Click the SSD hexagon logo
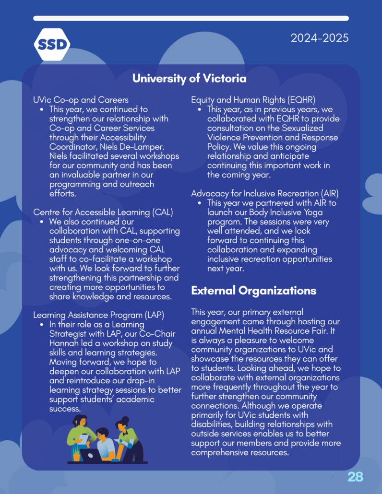click(x=52, y=45)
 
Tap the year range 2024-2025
click(x=319, y=37)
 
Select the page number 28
click(x=355, y=476)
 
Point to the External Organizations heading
click(x=253, y=291)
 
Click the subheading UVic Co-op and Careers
click(x=81, y=100)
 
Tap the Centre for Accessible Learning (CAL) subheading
click(x=103, y=212)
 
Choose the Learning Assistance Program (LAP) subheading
click(x=98, y=315)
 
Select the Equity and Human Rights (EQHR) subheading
click(x=253, y=100)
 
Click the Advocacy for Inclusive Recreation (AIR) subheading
click(x=265, y=193)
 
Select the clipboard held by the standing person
click(x=84, y=438)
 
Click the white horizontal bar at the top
click(x=191, y=18)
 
